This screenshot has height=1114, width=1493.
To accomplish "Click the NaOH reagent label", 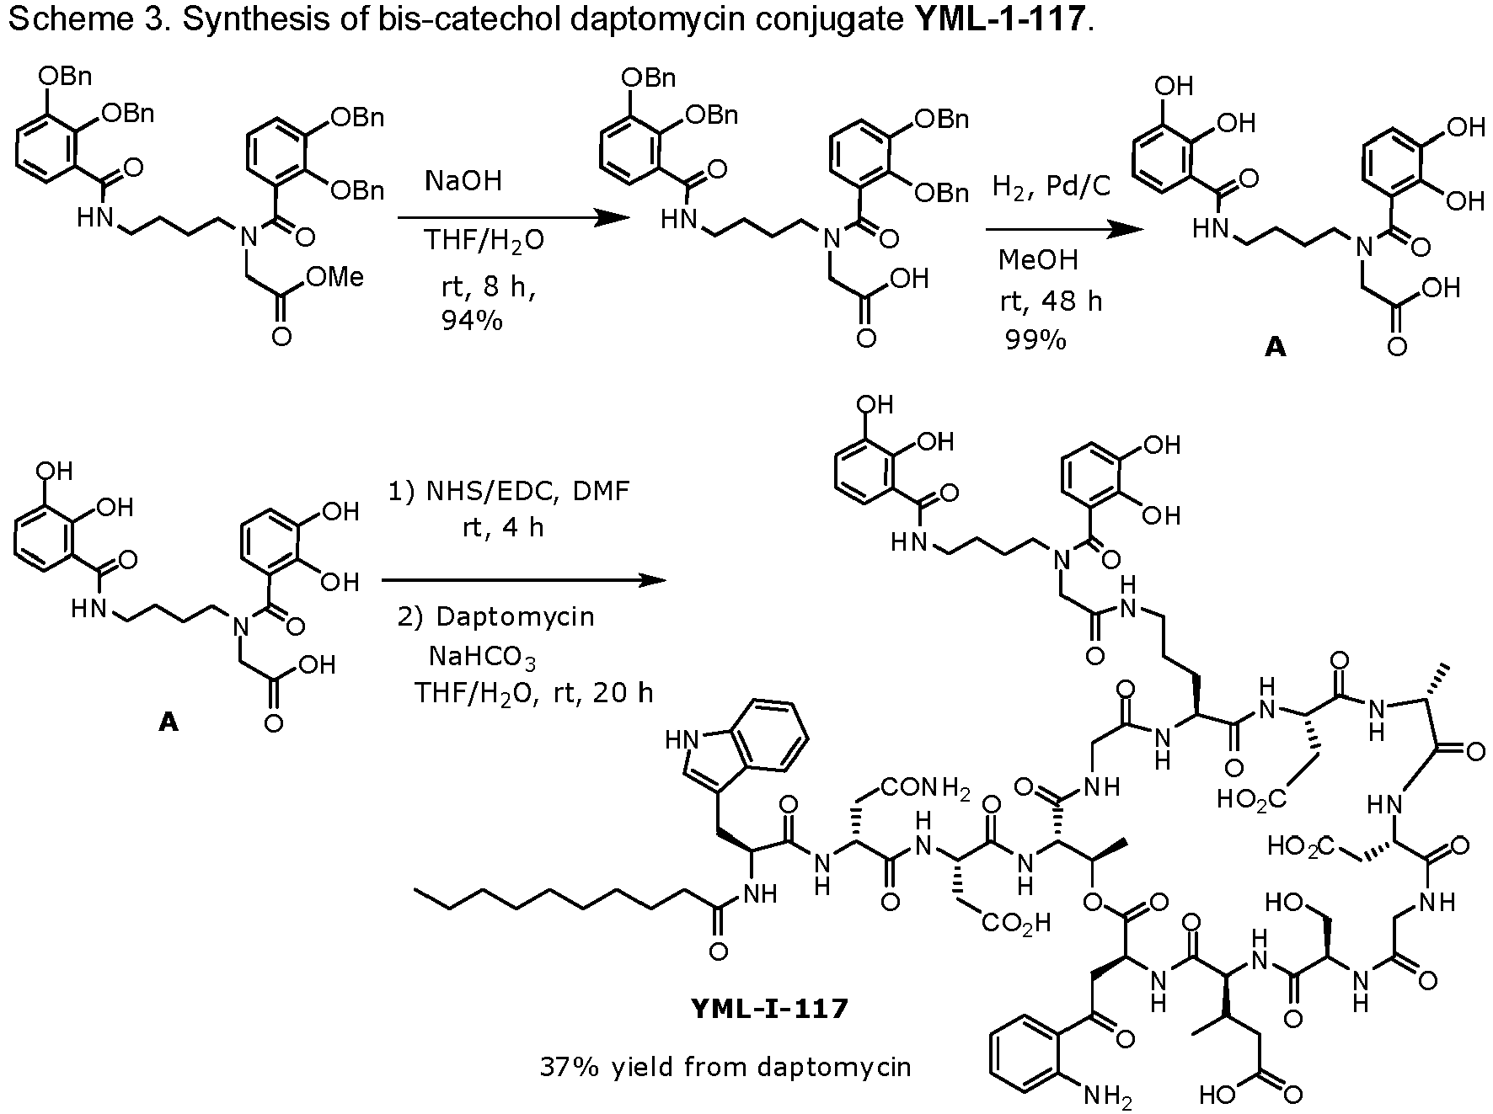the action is [463, 181].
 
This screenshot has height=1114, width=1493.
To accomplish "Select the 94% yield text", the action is [472, 320].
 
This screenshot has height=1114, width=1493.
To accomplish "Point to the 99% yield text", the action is [1035, 339].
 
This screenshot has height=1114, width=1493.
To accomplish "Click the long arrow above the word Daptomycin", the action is [523, 580].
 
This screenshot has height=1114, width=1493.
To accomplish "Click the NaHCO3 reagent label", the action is [482, 656].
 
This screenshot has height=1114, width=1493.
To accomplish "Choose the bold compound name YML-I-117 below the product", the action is [768, 1008].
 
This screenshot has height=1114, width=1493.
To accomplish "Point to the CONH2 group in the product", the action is [925, 790].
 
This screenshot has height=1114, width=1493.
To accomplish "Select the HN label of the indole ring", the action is [683, 740].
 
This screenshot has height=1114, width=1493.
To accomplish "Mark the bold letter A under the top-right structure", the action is [1276, 347].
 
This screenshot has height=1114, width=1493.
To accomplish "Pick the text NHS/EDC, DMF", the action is [510, 491].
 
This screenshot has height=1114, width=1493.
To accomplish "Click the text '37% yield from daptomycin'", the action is [725, 1067].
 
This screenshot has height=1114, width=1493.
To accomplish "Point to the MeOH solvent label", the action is [1038, 260].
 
